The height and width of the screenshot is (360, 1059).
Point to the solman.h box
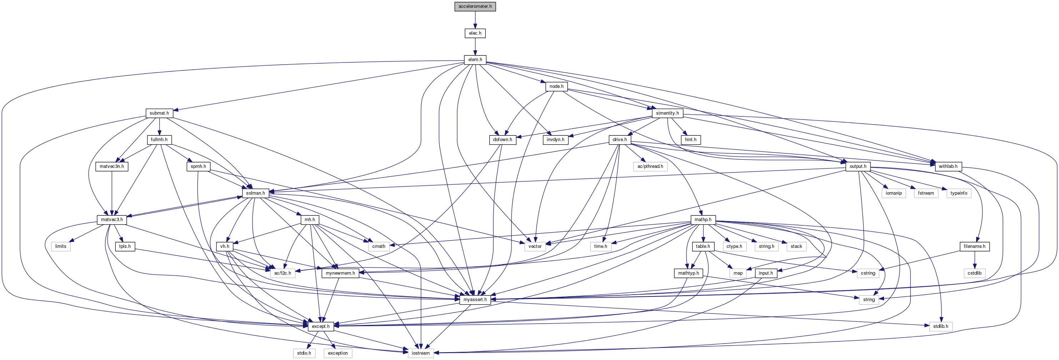click(x=255, y=193)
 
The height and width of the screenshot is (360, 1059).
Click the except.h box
click(x=321, y=327)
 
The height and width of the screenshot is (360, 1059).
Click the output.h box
click(x=858, y=167)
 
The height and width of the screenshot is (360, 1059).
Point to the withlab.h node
click(x=948, y=167)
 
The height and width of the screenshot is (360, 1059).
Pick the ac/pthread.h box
click(x=650, y=167)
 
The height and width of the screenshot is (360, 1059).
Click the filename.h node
click(x=974, y=246)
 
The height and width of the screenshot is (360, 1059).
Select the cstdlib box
click(x=974, y=273)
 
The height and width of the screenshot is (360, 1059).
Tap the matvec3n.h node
click(x=111, y=167)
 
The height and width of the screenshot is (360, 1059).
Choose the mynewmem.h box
click(x=340, y=273)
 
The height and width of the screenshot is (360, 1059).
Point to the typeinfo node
click(x=959, y=193)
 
